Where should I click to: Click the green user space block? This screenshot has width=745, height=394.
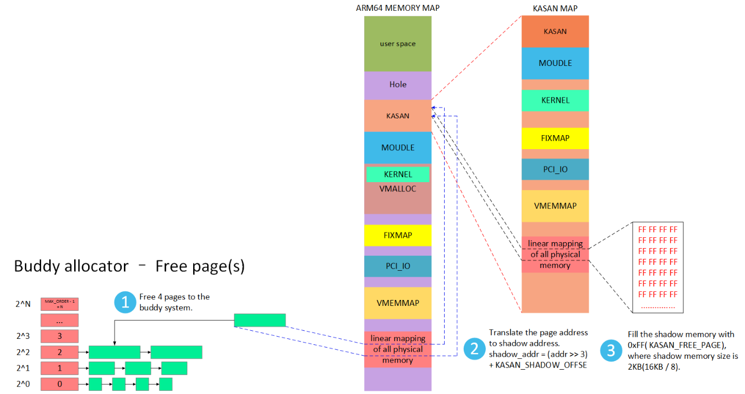[398, 44]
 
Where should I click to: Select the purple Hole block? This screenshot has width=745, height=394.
[398, 85]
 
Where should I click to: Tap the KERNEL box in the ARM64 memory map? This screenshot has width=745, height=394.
[398, 175]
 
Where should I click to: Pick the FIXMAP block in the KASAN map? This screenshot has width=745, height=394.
[555, 138]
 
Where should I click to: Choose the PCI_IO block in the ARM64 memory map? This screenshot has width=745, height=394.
[398, 266]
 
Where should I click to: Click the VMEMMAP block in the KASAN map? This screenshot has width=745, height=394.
[555, 206]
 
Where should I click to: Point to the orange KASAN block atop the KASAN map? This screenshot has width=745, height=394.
[555, 31]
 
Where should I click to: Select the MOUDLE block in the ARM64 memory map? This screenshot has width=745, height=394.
[398, 148]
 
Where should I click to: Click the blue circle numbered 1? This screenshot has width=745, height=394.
[125, 302]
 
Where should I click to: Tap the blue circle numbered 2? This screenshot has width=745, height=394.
[474, 349]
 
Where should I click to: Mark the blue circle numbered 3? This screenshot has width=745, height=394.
[611, 351]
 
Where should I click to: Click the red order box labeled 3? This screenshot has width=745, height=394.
[60, 336]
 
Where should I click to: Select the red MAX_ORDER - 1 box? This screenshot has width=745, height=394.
[60, 304]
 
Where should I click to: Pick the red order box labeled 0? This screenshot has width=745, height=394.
[60, 384]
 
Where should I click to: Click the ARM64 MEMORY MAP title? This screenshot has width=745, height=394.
[397, 8]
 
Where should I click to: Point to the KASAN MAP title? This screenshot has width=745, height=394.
[555, 8]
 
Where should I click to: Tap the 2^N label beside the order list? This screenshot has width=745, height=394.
[23, 304]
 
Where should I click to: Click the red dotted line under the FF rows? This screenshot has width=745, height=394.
[657, 307]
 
